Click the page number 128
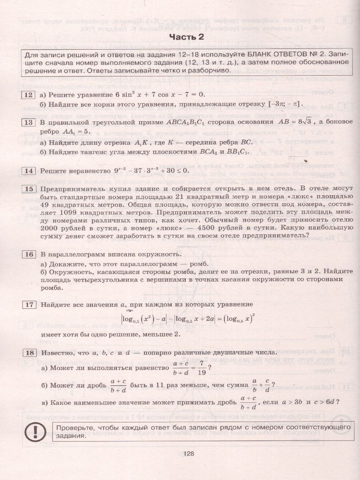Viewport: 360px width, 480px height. coord(186,453)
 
